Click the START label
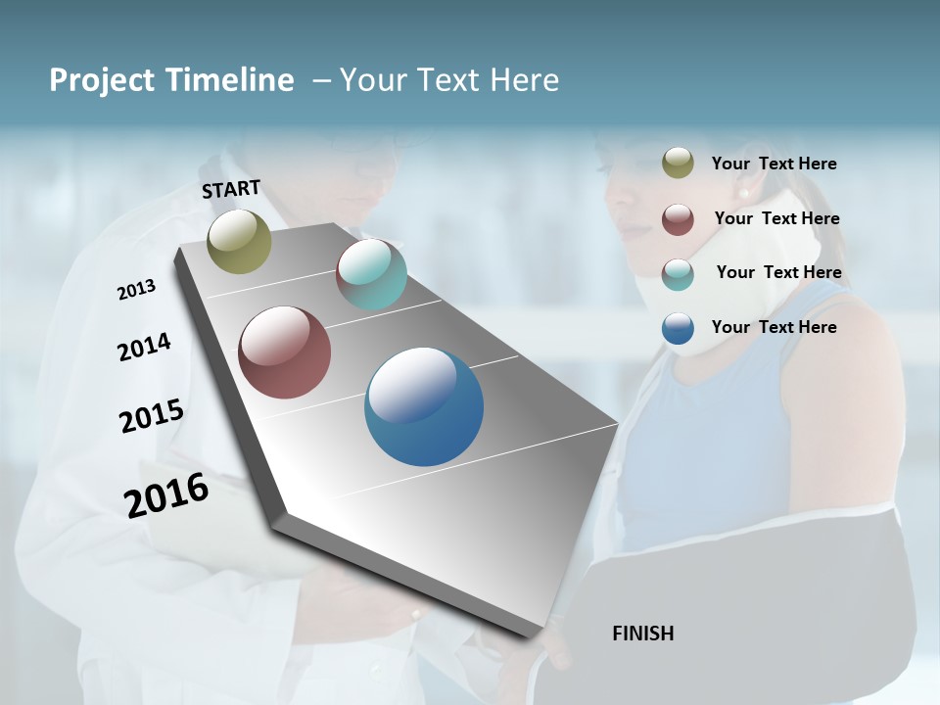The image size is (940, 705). click(x=231, y=189)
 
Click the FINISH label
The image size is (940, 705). click(x=642, y=634)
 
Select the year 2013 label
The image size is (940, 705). click(x=136, y=290)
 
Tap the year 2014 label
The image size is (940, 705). click(x=144, y=348)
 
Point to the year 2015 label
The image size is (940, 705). click(x=151, y=416)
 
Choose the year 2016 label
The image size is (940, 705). click(x=166, y=495)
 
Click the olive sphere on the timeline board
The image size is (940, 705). click(x=239, y=241)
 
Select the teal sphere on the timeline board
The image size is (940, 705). click(x=371, y=274)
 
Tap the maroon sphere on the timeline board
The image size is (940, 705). click(x=284, y=352)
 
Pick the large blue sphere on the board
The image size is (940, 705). click(x=424, y=406)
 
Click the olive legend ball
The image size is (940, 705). click(x=678, y=164)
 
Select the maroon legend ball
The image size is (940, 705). click(x=678, y=219)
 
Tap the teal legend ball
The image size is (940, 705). click(x=678, y=274)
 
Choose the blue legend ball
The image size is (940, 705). click(x=678, y=328)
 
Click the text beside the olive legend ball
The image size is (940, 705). click(x=774, y=164)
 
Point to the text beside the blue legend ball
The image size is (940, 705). click(x=774, y=327)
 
